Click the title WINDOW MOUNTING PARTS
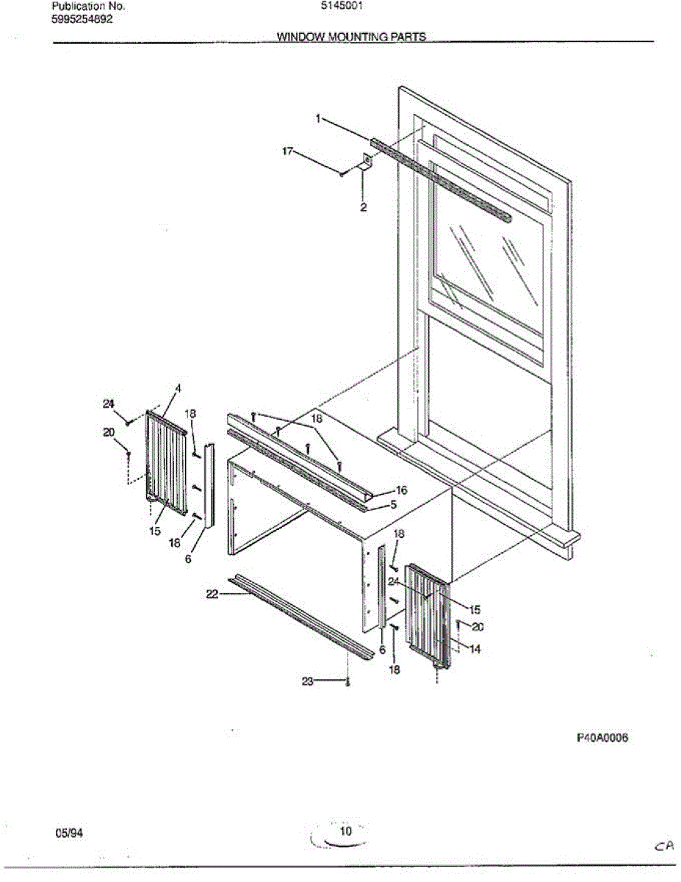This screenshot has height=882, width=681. pyautogui.click(x=351, y=36)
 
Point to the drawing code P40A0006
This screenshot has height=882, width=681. pyautogui.click(x=601, y=737)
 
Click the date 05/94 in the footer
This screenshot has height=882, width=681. pyautogui.click(x=67, y=832)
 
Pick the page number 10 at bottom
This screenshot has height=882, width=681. pyautogui.click(x=346, y=831)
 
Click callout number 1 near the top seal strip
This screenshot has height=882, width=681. pyautogui.click(x=318, y=118)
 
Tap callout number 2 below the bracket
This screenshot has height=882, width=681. pyautogui.click(x=363, y=207)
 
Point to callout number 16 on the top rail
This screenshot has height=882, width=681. pyautogui.click(x=401, y=490)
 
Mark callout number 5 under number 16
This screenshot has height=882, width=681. pyautogui.click(x=394, y=505)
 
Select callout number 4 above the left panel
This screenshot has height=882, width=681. pyautogui.click(x=177, y=388)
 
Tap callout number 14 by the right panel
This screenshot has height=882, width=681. pyautogui.click(x=475, y=649)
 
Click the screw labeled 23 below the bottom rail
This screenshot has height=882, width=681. pyautogui.click(x=347, y=683)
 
